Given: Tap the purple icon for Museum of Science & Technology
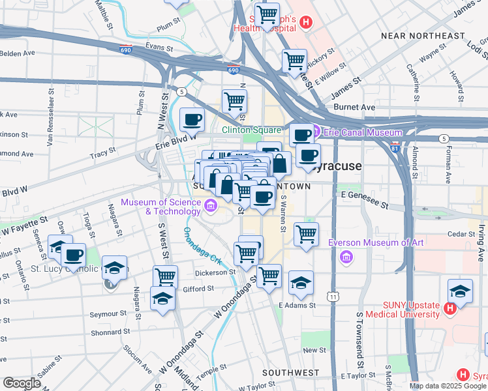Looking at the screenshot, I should pyautogui.click(x=211, y=207).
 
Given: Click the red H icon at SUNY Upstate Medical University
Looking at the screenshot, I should pyautogui.click(x=450, y=309).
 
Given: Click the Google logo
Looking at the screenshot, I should pyautogui.click(x=22, y=383).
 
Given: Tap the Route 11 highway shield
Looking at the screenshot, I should pyautogui.click(x=334, y=297).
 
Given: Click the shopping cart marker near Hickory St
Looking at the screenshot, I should pyautogui.click(x=294, y=61).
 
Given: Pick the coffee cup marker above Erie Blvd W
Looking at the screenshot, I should pyautogui.click(x=191, y=119).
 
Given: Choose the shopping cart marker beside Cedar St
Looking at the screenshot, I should pyautogui.click(x=306, y=233).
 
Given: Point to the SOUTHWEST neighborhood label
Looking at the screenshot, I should pyautogui.click(x=290, y=373).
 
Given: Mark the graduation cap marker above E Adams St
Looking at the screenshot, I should pyautogui.click(x=301, y=282).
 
